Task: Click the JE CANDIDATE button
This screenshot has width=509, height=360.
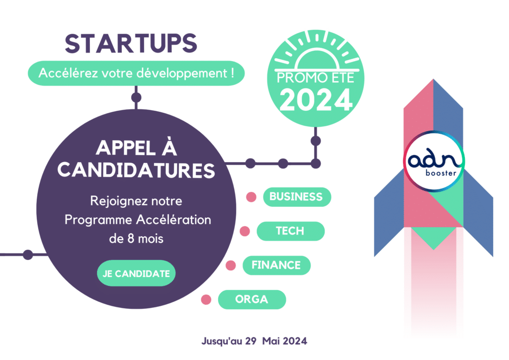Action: click(136, 273)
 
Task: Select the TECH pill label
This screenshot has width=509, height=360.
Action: click(290, 231)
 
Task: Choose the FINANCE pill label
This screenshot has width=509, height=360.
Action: click(276, 265)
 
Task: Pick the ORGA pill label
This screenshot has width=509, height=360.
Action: click(252, 299)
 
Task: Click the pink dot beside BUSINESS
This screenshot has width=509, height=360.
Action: click(251, 197)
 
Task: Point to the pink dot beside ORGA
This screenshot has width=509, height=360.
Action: click(206, 299)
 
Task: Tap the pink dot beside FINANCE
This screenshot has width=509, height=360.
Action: click(231, 265)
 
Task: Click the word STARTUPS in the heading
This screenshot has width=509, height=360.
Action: click(131, 43)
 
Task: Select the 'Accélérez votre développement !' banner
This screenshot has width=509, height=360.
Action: click(136, 73)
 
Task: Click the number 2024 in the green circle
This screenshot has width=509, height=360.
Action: click(316, 100)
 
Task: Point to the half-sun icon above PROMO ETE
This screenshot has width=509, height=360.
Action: click(317, 51)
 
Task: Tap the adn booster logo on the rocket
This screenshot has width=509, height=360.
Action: click(433, 161)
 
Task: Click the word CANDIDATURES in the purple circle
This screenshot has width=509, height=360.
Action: click(136, 170)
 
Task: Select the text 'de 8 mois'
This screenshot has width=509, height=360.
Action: click(136, 239)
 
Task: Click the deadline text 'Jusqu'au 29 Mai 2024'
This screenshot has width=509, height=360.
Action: click(254, 341)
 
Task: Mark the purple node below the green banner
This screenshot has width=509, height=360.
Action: click(136, 97)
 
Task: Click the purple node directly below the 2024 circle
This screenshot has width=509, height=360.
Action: click(316, 141)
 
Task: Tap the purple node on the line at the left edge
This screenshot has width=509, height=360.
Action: click(28, 255)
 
